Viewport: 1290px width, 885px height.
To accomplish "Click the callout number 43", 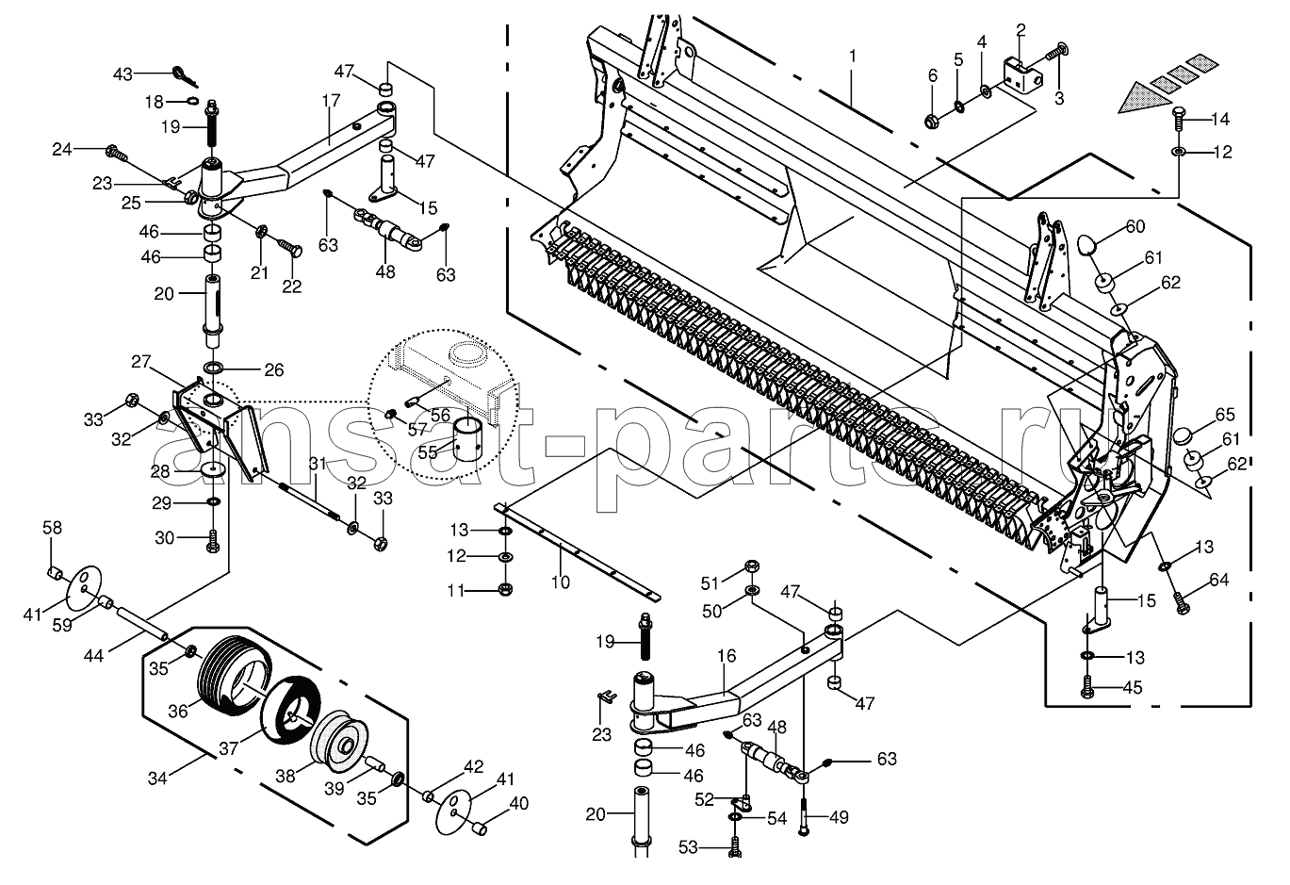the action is point(122,74).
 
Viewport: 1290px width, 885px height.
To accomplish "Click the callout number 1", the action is point(852,57).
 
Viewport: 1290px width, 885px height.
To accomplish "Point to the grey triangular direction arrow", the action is point(1145,100).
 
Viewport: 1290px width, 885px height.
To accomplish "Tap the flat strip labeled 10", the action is point(577,551).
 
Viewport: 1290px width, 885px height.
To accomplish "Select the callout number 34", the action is point(157,778).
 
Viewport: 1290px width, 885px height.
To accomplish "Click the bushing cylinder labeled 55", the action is point(471,439).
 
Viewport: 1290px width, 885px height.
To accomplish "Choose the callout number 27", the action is point(140,362).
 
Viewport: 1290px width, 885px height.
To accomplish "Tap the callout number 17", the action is point(331,100).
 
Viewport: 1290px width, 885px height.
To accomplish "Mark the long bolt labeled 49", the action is point(804,817).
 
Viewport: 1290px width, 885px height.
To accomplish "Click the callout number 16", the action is point(727,656).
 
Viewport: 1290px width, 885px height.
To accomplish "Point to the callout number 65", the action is point(1225,415).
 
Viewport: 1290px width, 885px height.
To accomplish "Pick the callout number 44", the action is point(94,655).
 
